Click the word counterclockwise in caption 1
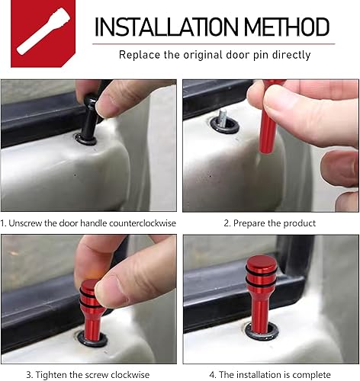click(x=139, y=223)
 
